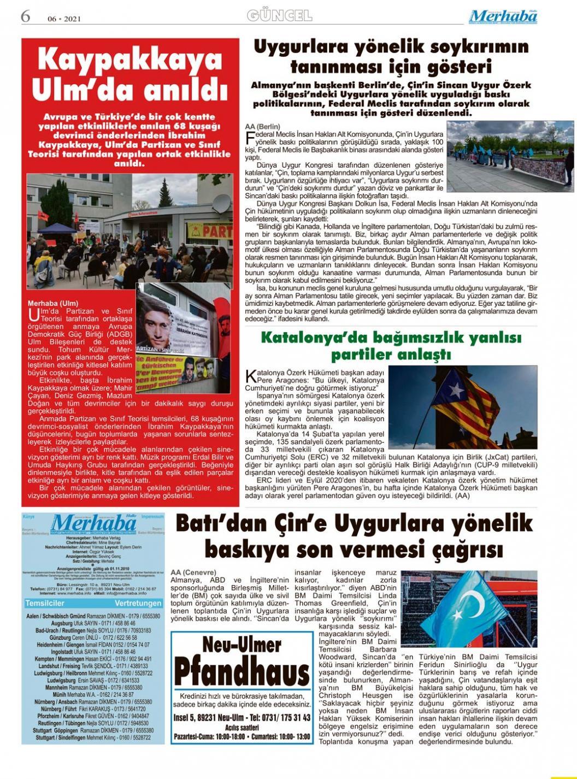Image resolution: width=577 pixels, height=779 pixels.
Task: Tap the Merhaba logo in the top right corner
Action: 503,16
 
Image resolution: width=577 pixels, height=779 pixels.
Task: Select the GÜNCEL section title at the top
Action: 279,15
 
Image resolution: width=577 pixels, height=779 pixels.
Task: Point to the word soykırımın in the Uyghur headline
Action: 467,47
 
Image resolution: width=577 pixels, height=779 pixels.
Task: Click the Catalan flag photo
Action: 462,406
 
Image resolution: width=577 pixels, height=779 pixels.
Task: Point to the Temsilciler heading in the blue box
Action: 45,603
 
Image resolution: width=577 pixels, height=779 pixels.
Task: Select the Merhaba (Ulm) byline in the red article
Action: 53,303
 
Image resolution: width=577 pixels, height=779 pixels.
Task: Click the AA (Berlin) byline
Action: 262,126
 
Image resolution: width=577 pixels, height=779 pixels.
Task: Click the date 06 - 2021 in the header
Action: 64,19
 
